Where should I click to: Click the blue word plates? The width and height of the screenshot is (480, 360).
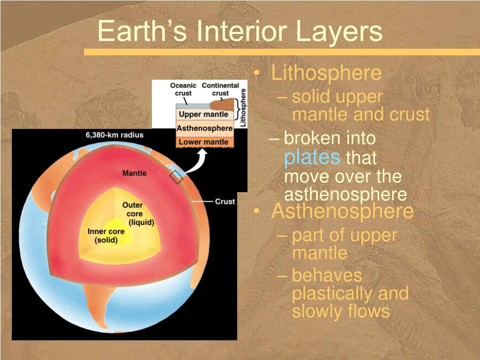pyautogui.click(x=312, y=157)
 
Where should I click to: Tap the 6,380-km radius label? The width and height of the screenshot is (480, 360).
pyautogui.click(x=114, y=135)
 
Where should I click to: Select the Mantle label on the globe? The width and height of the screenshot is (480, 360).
pyautogui.click(x=135, y=173)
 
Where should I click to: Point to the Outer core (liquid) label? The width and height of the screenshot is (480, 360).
pyautogui.click(x=137, y=214)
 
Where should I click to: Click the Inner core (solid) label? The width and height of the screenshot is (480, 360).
pyautogui.click(x=106, y=236)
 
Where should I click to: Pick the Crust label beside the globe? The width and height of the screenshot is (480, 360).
pyautogui.click(x=225, y=202)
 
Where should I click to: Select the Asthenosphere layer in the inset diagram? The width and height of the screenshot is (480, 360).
pyautogui.click(x=204, y=128)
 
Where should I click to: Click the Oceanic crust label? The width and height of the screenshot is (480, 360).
pyautogui.click(x=183, y=89)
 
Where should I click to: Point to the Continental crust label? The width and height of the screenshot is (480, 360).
pyautogui.click(x=220, y=89)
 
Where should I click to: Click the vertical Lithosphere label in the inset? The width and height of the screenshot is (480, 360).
pyautogui.click(x=243, y=107)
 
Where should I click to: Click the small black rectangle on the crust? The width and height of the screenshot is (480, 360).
pyautogui.click(x=176, y=178)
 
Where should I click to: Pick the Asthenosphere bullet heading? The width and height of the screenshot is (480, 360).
pyautogui.click(x=342, y=211)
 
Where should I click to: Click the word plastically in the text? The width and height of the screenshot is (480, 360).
pyautogui.click(x=331, y=293)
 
